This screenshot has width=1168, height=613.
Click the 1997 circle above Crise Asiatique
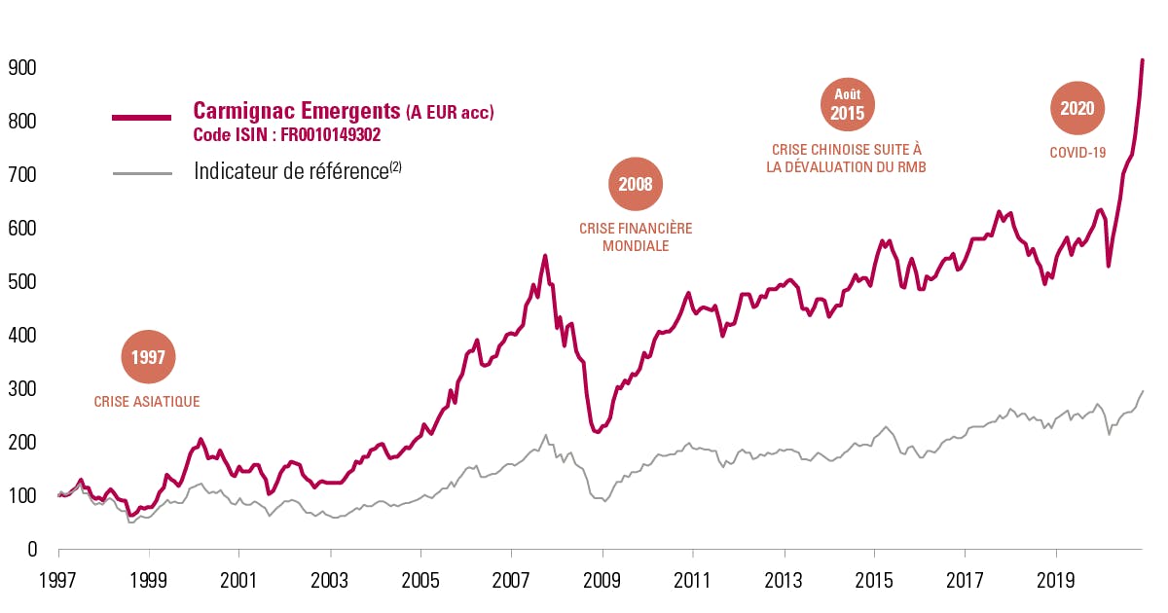coord(149,358)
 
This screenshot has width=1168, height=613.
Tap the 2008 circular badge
coord(636,183)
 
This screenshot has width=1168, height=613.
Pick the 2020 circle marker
coord(1077,108)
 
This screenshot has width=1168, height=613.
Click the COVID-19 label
coord(1077,153)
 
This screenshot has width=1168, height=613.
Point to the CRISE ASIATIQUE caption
coord(147,401)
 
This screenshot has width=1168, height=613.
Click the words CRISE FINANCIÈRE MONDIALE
coord(636,237)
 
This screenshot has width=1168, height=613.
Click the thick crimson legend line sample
coord(142,118)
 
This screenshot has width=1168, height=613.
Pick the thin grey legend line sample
coord(142,173)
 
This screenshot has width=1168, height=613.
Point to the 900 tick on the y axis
coord(21,68)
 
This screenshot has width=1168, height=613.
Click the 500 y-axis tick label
coord(21,282)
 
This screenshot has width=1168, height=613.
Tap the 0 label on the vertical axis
coord(31,550)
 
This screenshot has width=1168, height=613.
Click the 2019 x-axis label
coord(1055,582)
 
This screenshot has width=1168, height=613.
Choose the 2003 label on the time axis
coord(329,582)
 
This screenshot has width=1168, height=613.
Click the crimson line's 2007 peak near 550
coord(545,256)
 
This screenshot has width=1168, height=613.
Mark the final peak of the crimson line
coord(1143,60)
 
